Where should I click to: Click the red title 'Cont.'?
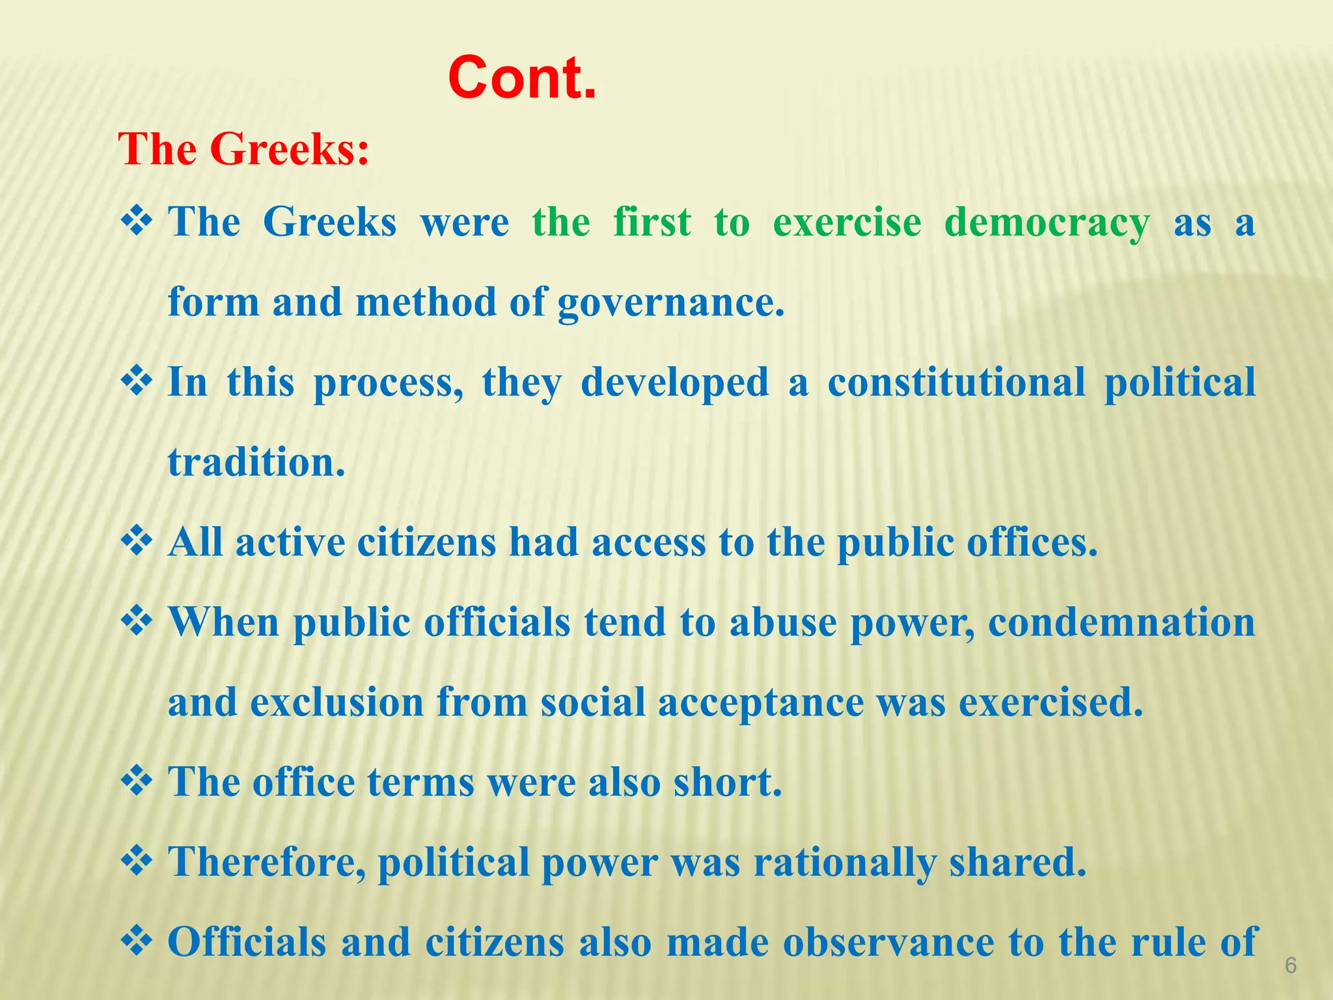click(522, 78)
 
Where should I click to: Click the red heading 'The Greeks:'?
click(243, 149)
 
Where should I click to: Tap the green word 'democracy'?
click(1047, 223)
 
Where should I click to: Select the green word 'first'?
click(652, 222)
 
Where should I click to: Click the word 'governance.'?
click(671, 303)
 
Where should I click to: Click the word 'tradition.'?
click(256, 462)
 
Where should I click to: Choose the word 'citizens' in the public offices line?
click(426, 542)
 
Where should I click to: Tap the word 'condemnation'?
click(1121, 622)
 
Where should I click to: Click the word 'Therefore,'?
click(267, 862)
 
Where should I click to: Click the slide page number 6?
click(1291, 965)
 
